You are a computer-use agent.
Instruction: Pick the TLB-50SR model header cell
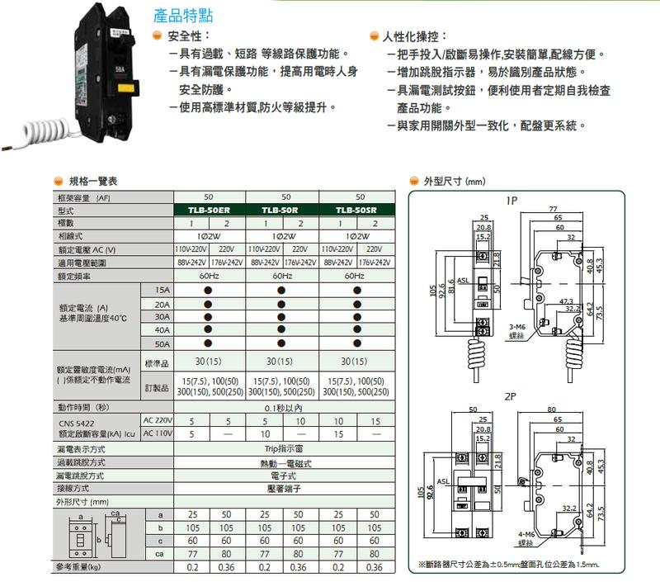pyautogui.click(x=357, y=211)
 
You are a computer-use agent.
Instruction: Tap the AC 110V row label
pyautogui.click(x=158, y=433)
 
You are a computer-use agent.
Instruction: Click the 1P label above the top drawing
pyautogui.click(x=511, y=200)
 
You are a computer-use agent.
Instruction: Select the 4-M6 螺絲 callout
pyautogui.click(x=525, y=537)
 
